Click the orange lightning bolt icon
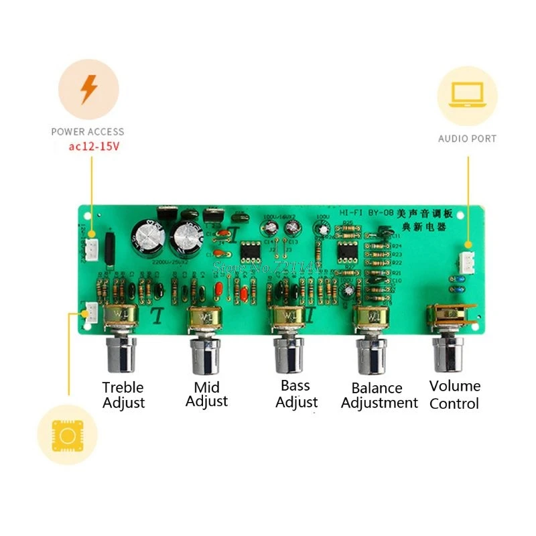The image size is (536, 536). (88, 90)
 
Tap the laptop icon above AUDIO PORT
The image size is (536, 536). (467, 95)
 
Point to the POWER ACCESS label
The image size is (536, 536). (88, 132)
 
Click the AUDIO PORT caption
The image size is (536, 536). (467, 139)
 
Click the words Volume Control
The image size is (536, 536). (454, 395)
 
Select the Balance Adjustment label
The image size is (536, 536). (379, 395)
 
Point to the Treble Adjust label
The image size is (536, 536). (123, 395)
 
